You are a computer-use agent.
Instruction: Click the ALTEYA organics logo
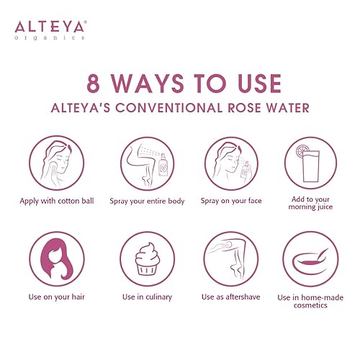coord(50,29)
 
